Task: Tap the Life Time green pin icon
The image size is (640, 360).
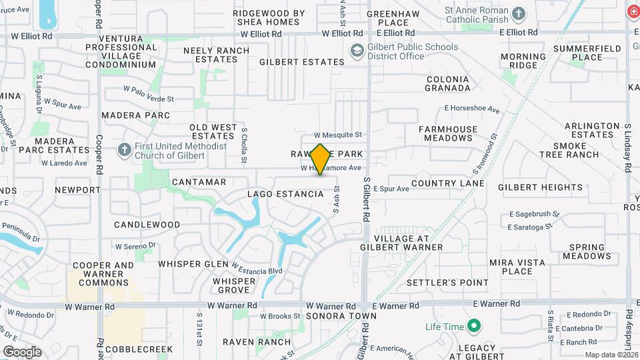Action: click(x=474, y=326)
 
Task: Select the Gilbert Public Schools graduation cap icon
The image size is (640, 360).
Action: click(x=357, y=51)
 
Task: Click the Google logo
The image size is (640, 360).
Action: click(x=22, y=351)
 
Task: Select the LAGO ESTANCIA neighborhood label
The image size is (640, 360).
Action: click(x=285, y=194)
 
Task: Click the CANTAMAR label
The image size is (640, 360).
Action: click(x=199, y=182)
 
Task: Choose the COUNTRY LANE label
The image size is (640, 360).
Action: click(x=447, y=183)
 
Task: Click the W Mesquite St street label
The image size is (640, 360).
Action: click(x=338, y=135)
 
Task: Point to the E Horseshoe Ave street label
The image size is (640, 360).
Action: click(x=472, y=109)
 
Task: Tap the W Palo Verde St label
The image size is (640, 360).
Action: click(x=148, y=93)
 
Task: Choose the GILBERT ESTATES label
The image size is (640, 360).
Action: click(x=302, y=62)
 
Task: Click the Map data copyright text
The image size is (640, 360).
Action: click(x=611, y=355)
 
